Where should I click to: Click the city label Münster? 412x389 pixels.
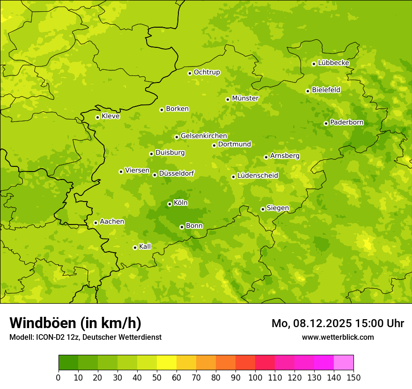[245, 98]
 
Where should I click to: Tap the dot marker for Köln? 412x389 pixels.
[169, 204]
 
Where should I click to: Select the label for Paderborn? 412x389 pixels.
[346, 122]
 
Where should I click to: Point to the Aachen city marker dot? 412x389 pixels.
[96, 223]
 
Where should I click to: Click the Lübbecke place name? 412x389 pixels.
[333, 63]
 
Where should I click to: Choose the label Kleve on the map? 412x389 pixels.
[110, 116]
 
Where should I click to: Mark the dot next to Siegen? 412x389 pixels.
[263, 209]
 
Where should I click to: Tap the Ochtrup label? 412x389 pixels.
[206, 72]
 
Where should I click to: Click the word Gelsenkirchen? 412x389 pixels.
[204, 136]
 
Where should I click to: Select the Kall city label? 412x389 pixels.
[145, 247]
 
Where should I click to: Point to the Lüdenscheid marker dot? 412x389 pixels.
[233, 177]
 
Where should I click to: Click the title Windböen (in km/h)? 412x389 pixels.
[75, 323]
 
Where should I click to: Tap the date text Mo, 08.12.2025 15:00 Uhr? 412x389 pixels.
[338, 323]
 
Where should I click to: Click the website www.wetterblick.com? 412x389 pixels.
[338, 337]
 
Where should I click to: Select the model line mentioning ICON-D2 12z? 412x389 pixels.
[85, 337]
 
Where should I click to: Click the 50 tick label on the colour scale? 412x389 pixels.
[157, 377]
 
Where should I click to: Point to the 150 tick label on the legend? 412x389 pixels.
[353, 377]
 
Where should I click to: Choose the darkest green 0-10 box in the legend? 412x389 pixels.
[68, 363]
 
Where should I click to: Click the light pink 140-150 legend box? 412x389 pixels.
[344, 363]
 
